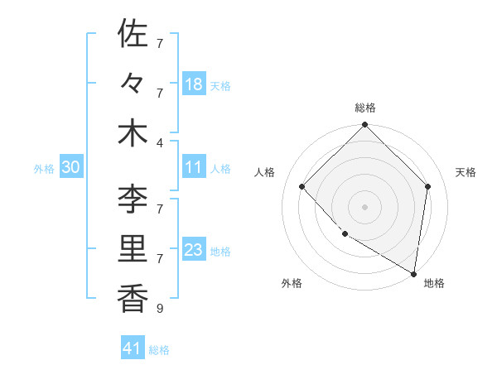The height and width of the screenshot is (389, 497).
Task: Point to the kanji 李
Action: [x=133, y=199]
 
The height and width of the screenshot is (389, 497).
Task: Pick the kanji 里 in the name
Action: [x=133, y=249]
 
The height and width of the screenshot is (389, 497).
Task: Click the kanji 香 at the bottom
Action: [x=133, y=299]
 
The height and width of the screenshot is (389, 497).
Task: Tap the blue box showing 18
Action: [x=194, y=84]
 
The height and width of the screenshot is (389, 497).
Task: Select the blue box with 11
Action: [x=194, y=167]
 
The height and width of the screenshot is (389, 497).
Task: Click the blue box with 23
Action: [x=194, y=250]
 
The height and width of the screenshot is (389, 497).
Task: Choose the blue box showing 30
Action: [x=70, y=167]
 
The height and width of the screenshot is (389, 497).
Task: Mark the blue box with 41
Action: [x=133, y=348]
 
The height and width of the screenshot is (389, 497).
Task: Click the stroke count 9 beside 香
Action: [x=159, y=309]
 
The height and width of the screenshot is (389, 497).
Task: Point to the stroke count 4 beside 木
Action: [x=159, y=142]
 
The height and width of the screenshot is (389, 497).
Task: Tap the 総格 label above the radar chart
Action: [x=365, y=108]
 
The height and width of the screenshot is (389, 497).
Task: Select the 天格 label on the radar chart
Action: [x=466, y=172]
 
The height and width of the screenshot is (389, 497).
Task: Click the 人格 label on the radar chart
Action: [x=264, y=172]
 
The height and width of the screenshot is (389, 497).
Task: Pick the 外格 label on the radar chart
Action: [x=291, y=283]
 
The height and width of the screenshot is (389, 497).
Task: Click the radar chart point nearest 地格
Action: [x=414, y=273]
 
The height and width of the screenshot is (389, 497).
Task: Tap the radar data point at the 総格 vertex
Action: [x=365, y=126]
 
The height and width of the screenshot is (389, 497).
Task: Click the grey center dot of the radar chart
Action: [x=365, y=206]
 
